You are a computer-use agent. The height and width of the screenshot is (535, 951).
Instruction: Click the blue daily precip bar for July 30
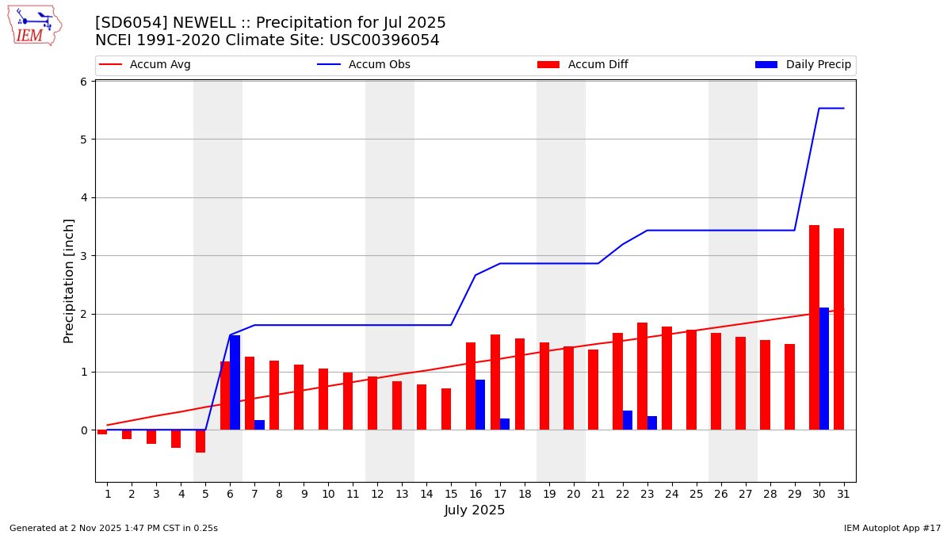coord(824,369)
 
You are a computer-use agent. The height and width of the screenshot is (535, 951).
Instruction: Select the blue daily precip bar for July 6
coord(235,383)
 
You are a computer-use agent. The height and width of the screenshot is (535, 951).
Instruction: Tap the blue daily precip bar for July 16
coord(480,405)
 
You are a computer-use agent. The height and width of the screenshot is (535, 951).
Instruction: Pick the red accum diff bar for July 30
coord(814,327)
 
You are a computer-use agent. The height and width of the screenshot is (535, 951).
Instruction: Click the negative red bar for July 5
coord(201,441)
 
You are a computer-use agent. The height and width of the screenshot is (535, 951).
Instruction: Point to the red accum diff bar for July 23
coord(642,376)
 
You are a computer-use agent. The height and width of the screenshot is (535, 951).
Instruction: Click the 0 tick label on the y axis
coord(82,430)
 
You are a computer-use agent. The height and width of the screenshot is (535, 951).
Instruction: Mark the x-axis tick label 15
coord(451,494)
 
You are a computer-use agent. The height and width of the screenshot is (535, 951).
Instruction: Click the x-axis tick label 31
coord(843,494)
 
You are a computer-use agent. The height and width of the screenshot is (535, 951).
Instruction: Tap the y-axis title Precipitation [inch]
coord(70,281)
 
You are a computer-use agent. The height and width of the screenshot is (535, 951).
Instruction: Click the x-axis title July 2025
coord(475,511)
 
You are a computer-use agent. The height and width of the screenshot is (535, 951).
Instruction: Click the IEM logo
coord(34,25)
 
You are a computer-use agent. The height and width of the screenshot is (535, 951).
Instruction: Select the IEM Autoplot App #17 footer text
coord(892,528)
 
